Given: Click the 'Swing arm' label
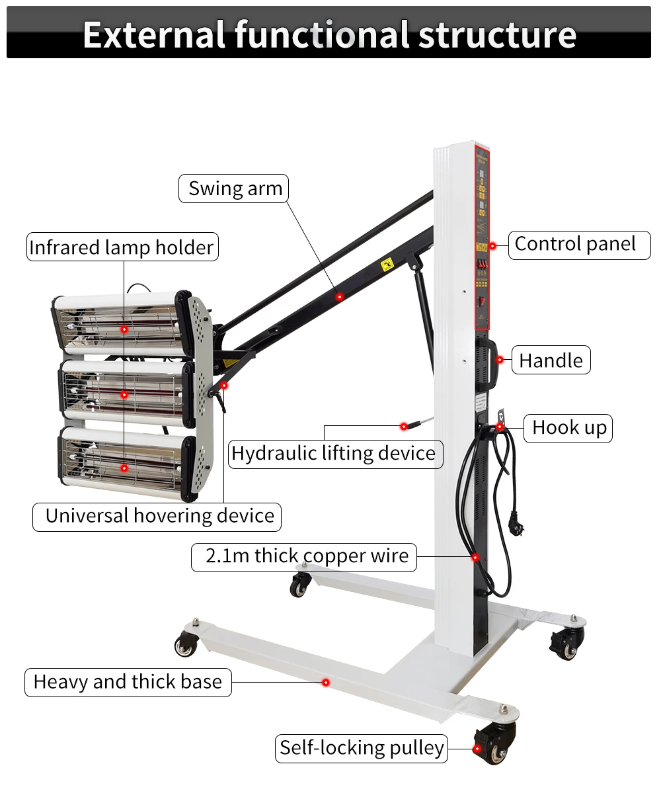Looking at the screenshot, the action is tap(235, 189).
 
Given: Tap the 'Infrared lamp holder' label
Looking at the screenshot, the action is tap(122, 247).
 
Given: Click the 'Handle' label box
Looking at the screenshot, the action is tap(551, 360).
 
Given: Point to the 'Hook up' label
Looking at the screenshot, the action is tap(569, 428).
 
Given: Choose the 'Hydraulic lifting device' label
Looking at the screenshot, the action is tap(334, 454).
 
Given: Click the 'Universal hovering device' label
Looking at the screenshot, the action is tap(159, 516).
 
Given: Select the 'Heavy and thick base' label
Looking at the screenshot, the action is tap(128, 682).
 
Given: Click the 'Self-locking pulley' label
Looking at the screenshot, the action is tap(362, 748).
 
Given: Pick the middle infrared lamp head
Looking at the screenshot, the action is tap(126, 394).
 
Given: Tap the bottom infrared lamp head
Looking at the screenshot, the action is tap(126, 463).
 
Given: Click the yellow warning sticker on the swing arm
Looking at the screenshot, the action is tap(386, 265).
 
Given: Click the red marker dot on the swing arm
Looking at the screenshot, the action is tap(340, 297).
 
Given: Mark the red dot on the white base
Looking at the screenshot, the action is tap(325, 682).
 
